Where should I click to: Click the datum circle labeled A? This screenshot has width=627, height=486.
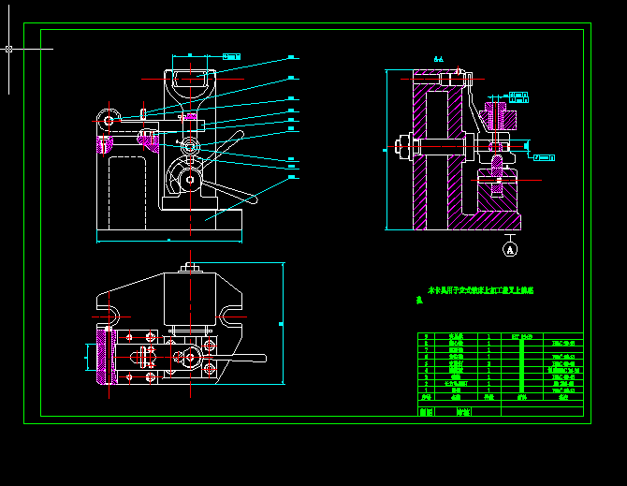pos(510,249)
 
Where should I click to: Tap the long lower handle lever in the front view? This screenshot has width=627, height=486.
pos(229,193)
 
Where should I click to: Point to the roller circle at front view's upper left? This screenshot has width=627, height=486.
pos(109,120)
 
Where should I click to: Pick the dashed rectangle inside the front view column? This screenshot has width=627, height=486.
pos(126,192)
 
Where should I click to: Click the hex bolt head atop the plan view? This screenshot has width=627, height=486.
pos(190,269)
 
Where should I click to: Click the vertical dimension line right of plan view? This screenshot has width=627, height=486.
pos(282,323)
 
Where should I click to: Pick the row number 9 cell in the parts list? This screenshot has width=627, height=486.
pos(427,336)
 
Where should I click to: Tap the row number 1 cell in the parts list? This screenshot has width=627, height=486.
pos(427,390)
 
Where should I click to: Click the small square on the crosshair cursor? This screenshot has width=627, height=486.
pos(8,48)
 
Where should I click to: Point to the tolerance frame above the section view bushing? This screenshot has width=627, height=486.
pos(520,95)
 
